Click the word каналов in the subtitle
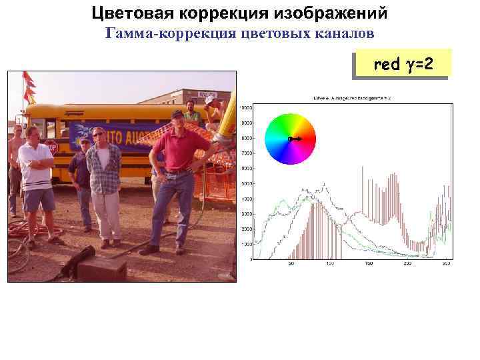point(350,33)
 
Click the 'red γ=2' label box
point(403,65)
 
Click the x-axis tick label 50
point(291,264)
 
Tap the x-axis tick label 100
point(330,264)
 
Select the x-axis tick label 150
point(369,264)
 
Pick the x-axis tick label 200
point(407,264)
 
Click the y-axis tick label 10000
point(246,107)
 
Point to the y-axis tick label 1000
point(246,244)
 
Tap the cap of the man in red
point(177,114)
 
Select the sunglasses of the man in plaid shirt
point(99,135)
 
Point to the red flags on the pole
point(28,87)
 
